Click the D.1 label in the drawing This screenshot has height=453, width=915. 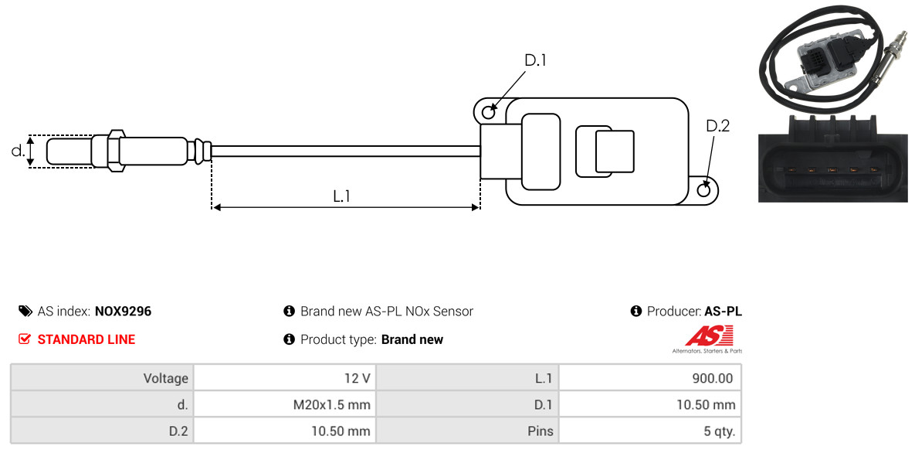pyautogui.click(x=535, y=60)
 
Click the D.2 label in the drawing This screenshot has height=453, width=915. pyautogui.click(x=718, y=126)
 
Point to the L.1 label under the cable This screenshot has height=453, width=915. pyautogui.click(x=341, y=196)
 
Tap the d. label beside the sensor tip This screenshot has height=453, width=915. pyautogui.click(x=18, y=151)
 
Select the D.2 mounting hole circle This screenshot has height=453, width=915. pyautogui.click(x=704, y=189)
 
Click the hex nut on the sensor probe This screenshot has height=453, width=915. pyautogui.click(x=115, y=150)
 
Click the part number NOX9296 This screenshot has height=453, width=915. pyautogui.click(x=123, y=312)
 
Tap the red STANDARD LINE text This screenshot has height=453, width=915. pyautogui.click(x=86, y=339)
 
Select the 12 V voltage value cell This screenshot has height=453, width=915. pyautogui.click(x=285, y=378)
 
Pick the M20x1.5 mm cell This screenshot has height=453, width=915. pyautogui.click(x=285, y=404)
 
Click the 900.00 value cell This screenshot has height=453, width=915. pyautogui.click(x=649, y=378)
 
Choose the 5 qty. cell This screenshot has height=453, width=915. pyautogui.click(x=649, y=432)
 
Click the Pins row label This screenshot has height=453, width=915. pyautogui.click(x=540, y=432)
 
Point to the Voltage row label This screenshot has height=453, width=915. pyautogui.click(x=166, y=379)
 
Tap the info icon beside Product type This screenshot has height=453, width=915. pyautogui.click(x=289, y=339)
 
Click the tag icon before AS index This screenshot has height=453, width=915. pyautogui.click(x=25, y=311)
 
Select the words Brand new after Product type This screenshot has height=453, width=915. pyautogui.click(x=412, y=339)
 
